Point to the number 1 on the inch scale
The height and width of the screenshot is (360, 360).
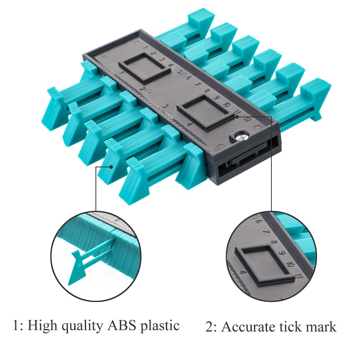(122, 72)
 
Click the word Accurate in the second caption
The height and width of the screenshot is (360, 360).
(249, 326)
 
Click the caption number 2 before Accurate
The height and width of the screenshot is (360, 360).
(209, 327)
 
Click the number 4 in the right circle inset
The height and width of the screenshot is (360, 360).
(243, 273)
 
